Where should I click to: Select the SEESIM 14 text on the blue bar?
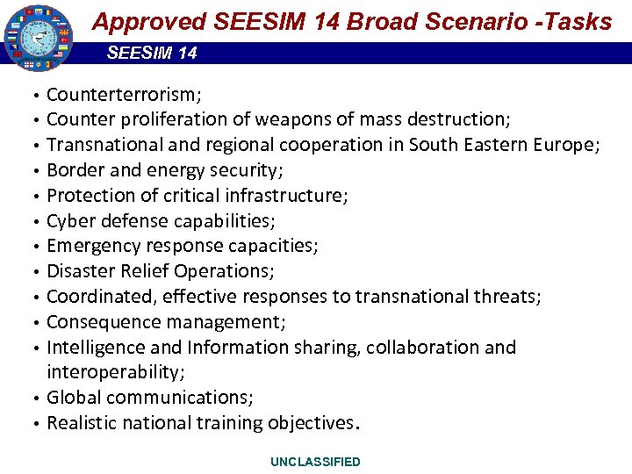[152, 54]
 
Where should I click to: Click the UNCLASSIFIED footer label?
[315, 462]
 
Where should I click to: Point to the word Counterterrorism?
[123, 94]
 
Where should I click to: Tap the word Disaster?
[79, 271]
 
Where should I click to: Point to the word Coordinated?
[97, 297]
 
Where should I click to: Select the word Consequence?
[101, 322]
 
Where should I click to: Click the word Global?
[73, 398]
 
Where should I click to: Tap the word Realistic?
[82, 423]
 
